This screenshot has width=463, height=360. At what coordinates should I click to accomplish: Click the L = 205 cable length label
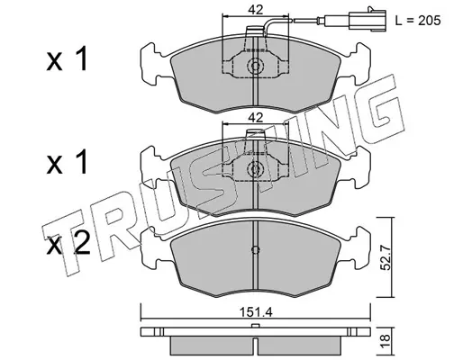click(418, 21)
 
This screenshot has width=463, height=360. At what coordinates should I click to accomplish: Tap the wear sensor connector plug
click(368, 20)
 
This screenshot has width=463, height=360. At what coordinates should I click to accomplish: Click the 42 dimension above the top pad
click(255, 10)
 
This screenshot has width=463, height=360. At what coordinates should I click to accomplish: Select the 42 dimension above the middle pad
click(255, 118)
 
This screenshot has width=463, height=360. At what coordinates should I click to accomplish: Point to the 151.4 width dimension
click(256, 312)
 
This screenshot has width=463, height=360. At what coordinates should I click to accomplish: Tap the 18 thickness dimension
click(386, 341)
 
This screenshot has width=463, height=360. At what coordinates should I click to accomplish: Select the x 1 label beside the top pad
click(67, 58)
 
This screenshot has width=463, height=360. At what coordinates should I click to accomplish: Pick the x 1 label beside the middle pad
click(67, 162)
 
